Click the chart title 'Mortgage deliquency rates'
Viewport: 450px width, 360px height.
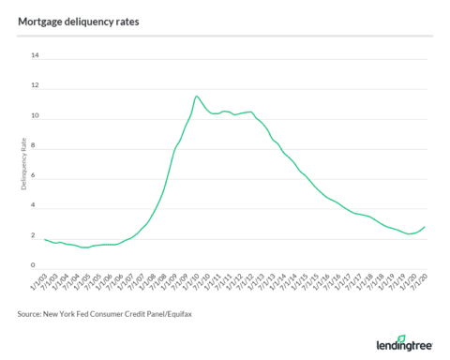tap(73, 16)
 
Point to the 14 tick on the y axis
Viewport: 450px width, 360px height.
tap(36, 55)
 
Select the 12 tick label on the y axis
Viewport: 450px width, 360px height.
tap(36, 86)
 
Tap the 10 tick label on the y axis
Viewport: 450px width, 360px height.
tap(36, 116)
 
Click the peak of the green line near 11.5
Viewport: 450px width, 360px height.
tap(196, 96)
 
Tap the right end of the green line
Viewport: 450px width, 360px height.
tap(426, 226)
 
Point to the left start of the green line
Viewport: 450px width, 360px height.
tap(44, 239)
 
